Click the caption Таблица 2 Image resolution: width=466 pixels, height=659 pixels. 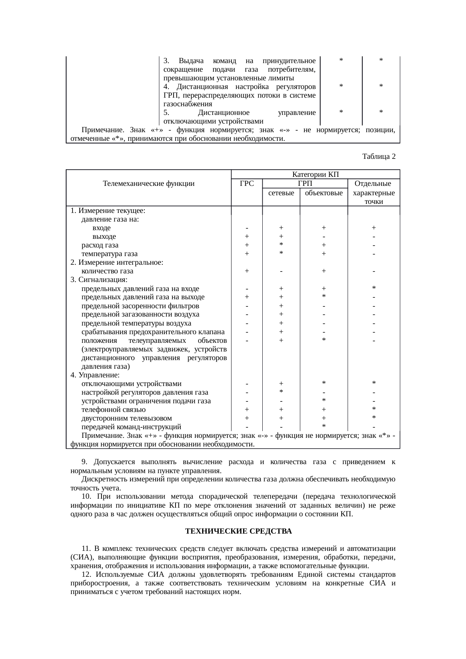(378, 156)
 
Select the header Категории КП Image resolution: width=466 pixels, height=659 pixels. (315, 175)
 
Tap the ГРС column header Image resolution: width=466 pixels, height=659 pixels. (247, 184)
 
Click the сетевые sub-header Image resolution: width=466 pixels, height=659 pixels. (281, 193)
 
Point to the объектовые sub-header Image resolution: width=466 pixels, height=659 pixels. (324, 193)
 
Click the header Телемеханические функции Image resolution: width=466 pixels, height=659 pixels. (148, 184)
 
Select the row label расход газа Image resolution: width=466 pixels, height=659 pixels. (100, 245)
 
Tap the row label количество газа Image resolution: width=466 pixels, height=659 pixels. (107, 271)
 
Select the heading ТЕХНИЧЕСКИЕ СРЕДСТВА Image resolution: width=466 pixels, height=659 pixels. (238, 531)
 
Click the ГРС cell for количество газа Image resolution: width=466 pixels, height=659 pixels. (247, 271)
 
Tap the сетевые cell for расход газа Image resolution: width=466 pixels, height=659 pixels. (281, 244)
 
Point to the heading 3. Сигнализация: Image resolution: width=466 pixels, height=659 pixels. (99, 280)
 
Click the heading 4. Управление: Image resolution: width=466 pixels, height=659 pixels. (95, 375)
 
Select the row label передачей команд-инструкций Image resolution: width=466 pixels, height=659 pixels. (131, 427)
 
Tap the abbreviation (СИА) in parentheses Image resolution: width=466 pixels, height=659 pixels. (80, 557)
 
